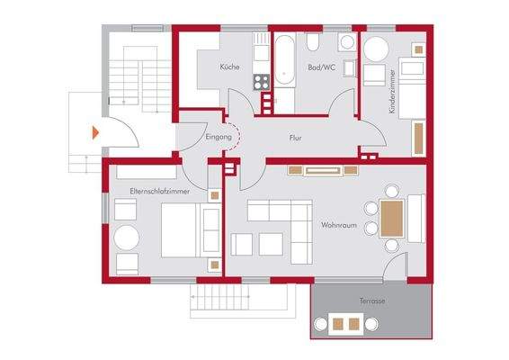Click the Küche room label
click(228, 67)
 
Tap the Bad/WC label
click(321, 67)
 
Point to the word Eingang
click(219, 138)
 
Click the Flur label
click(294, 139)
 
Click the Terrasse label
click(371, 301)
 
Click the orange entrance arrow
click(94, 133)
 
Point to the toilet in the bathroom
click(313, 44)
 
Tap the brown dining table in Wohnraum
click(392, 218)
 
